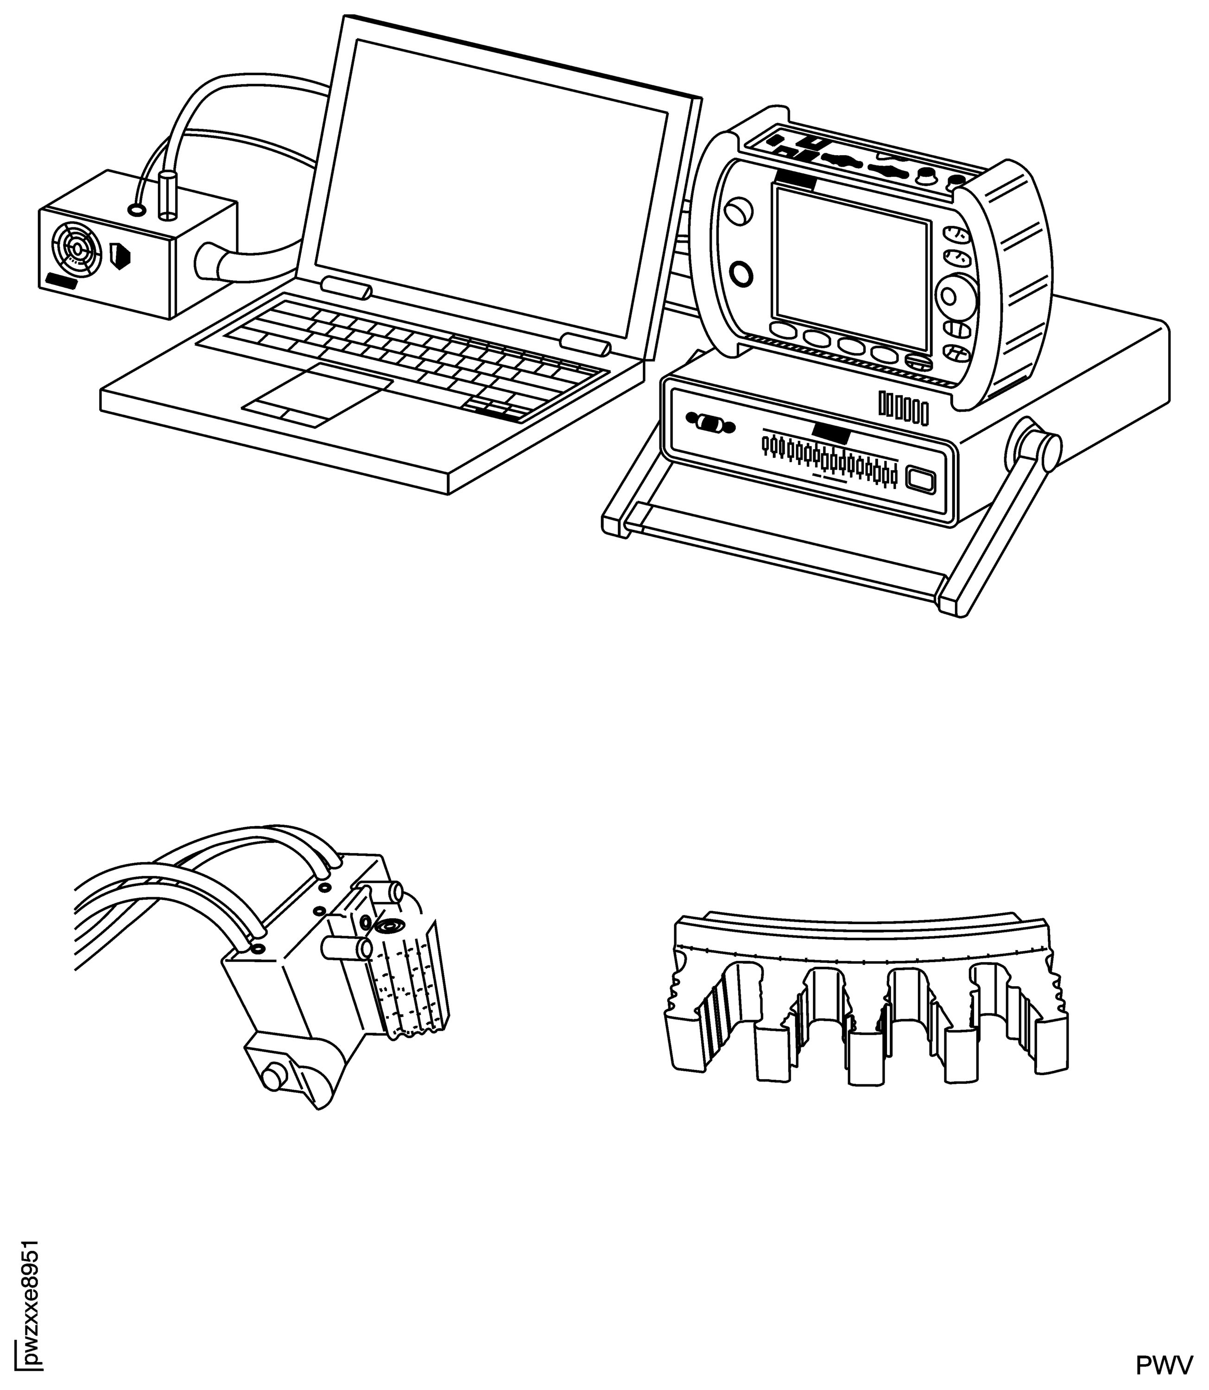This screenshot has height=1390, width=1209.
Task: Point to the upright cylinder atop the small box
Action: tap(166, 195)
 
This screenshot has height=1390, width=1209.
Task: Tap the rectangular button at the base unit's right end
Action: tap(919, 479)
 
